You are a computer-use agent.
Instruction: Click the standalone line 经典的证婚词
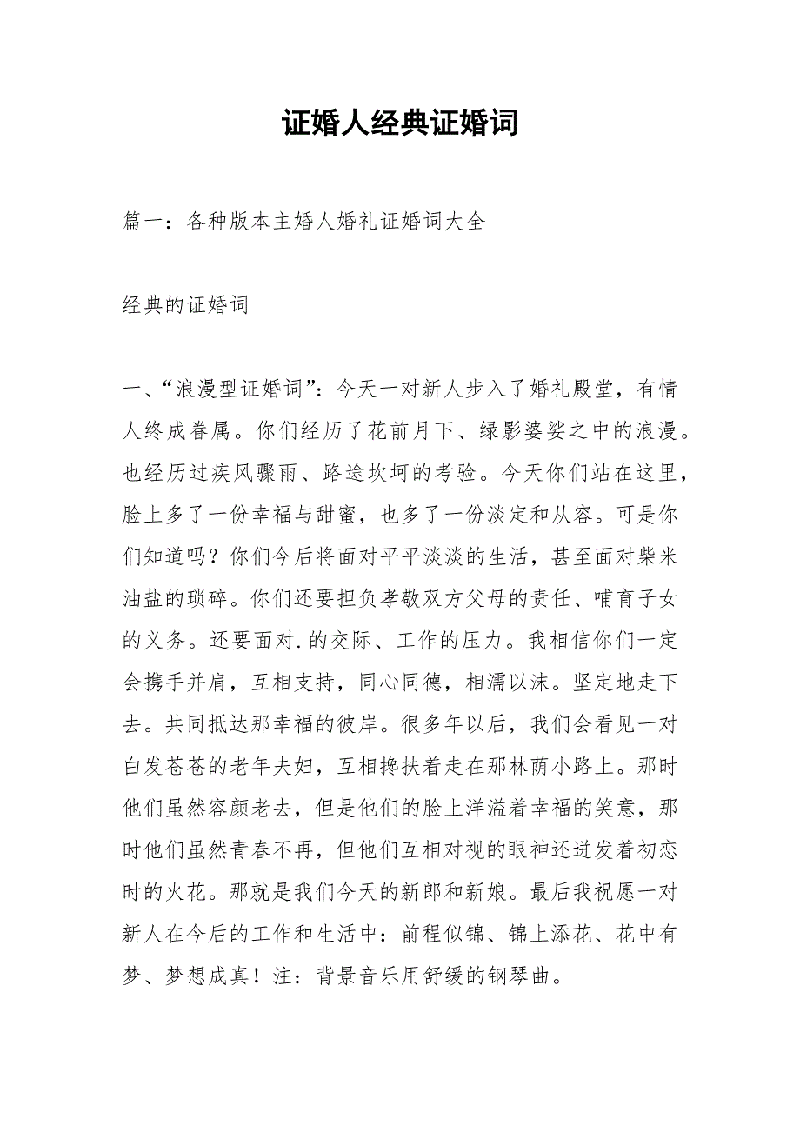pos(186,305)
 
